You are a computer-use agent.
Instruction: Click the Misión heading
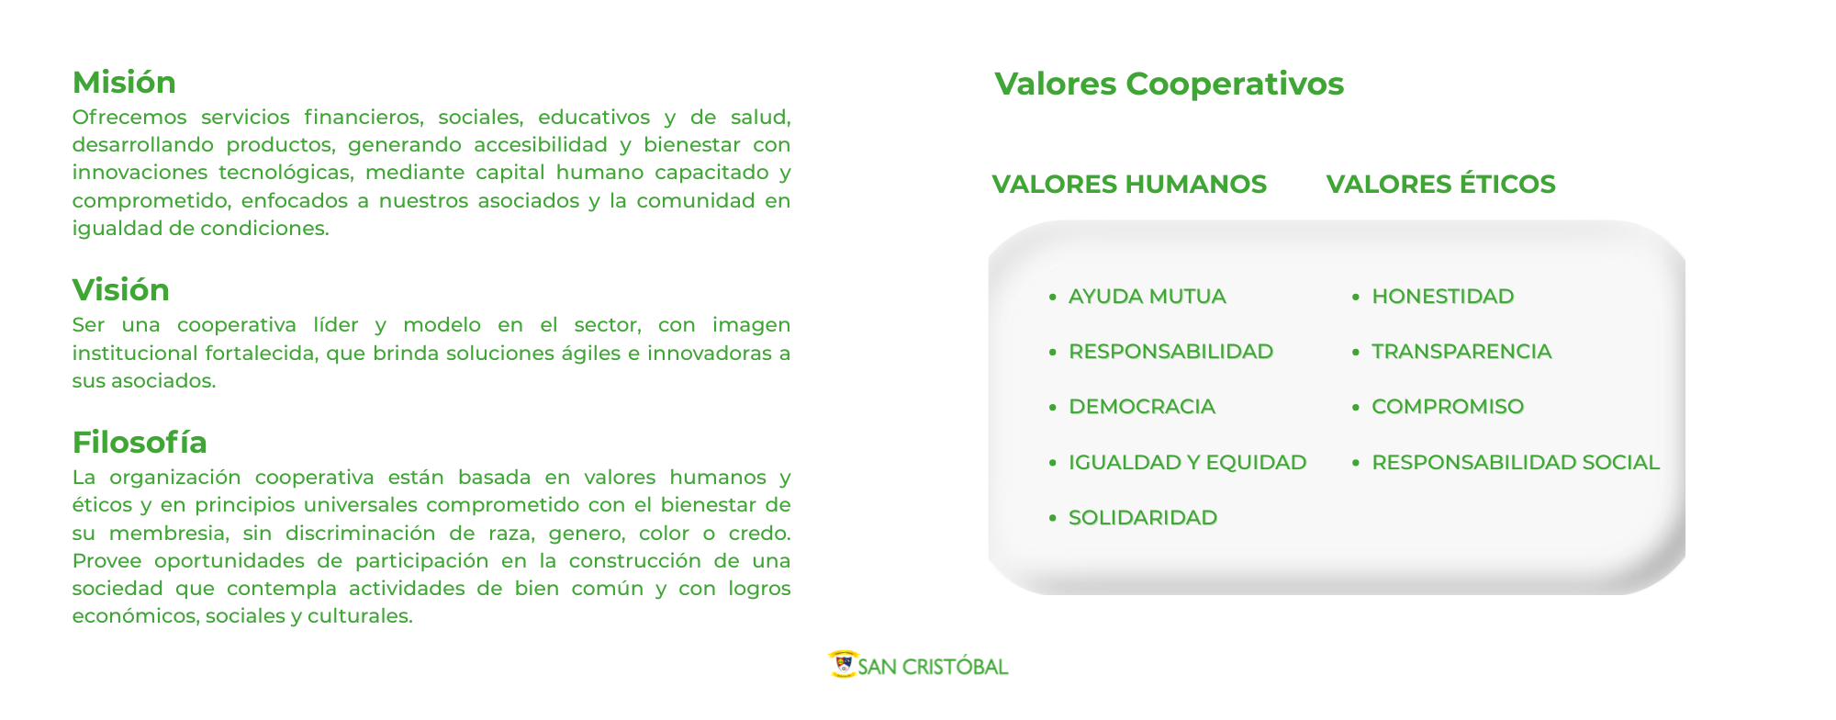click(x=124, y=83)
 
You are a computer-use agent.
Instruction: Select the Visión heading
click(x=121, y=290)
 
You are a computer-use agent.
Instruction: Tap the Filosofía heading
click(x=140, y=443)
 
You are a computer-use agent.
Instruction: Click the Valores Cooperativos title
click(x=1169, y=84)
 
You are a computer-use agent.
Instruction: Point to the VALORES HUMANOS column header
click(x=1129, y=185)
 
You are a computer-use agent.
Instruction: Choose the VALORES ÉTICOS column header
click(x=1440, y=184)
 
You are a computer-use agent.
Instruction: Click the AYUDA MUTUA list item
click(x=1147, y=297)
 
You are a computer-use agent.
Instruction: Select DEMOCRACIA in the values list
click(x=1141, y=407)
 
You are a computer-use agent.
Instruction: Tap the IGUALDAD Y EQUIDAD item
click(x=1187, y=463)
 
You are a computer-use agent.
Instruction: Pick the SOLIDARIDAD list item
click(x=1142, y=518)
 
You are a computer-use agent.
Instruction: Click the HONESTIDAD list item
click(x=1442, y=297)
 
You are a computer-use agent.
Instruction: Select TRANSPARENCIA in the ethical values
click(x=1461, y=352)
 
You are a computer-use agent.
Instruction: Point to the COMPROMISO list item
click(x=1448, y=407)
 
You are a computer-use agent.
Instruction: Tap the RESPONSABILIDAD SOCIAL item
click(x=1516, y=463)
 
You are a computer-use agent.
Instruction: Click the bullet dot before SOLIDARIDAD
click(x=1053, y=519)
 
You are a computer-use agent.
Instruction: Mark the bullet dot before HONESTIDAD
click(x=1356, y=298)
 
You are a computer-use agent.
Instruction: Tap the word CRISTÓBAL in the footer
click(x=955, y=667)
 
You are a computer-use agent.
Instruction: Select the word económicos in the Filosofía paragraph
click(x=134, y=616)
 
